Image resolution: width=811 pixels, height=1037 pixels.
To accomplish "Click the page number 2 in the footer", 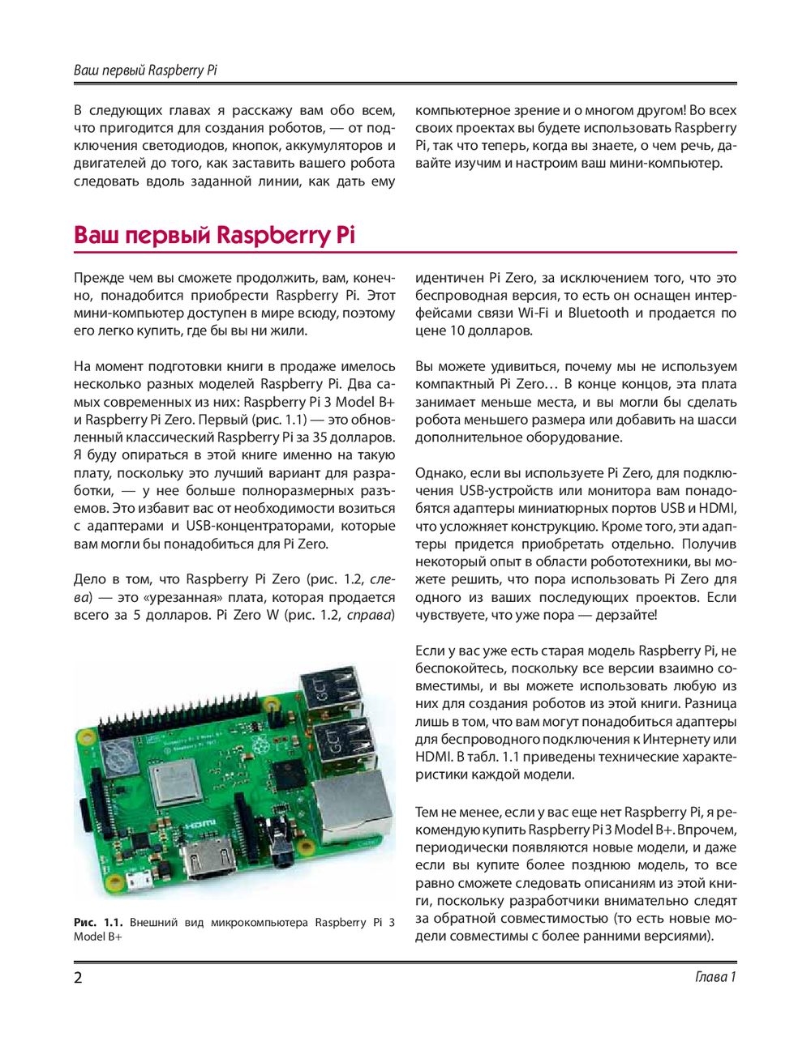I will click(78, 977).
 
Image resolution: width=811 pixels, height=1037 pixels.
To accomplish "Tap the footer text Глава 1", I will click(715, 977).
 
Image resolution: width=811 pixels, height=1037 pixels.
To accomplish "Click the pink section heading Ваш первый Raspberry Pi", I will click(214, 236).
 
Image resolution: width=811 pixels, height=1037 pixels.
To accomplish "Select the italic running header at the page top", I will click(145, 70).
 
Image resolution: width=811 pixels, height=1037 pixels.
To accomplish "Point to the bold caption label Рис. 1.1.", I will click(98, 923).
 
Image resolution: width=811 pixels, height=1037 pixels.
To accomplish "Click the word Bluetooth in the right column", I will click(599, 314).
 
